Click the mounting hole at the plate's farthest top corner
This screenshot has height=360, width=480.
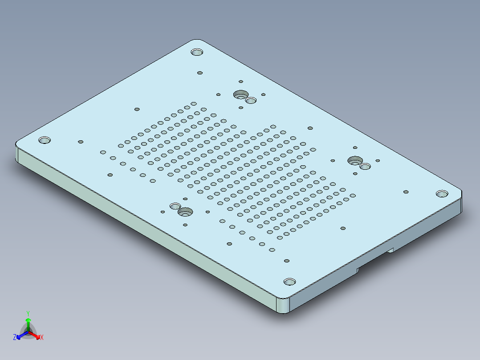197,52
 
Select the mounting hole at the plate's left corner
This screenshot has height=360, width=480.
44,140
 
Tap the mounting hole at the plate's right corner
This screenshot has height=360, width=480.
442,194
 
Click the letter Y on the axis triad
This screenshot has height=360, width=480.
28,313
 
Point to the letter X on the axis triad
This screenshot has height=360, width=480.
42,338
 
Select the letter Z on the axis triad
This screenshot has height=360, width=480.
15,338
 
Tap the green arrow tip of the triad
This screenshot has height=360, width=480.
28,320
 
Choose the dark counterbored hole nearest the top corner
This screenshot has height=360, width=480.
241,94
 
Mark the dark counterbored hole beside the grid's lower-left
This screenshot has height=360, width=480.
185,212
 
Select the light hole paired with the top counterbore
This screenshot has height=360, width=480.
251,100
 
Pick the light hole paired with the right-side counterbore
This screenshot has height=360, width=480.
365,166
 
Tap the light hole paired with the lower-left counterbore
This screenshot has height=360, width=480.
175,206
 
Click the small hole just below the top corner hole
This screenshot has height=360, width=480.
200,73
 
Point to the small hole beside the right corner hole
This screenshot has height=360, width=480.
406,192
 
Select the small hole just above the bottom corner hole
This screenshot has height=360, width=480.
287,261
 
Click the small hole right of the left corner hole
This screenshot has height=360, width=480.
81,142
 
